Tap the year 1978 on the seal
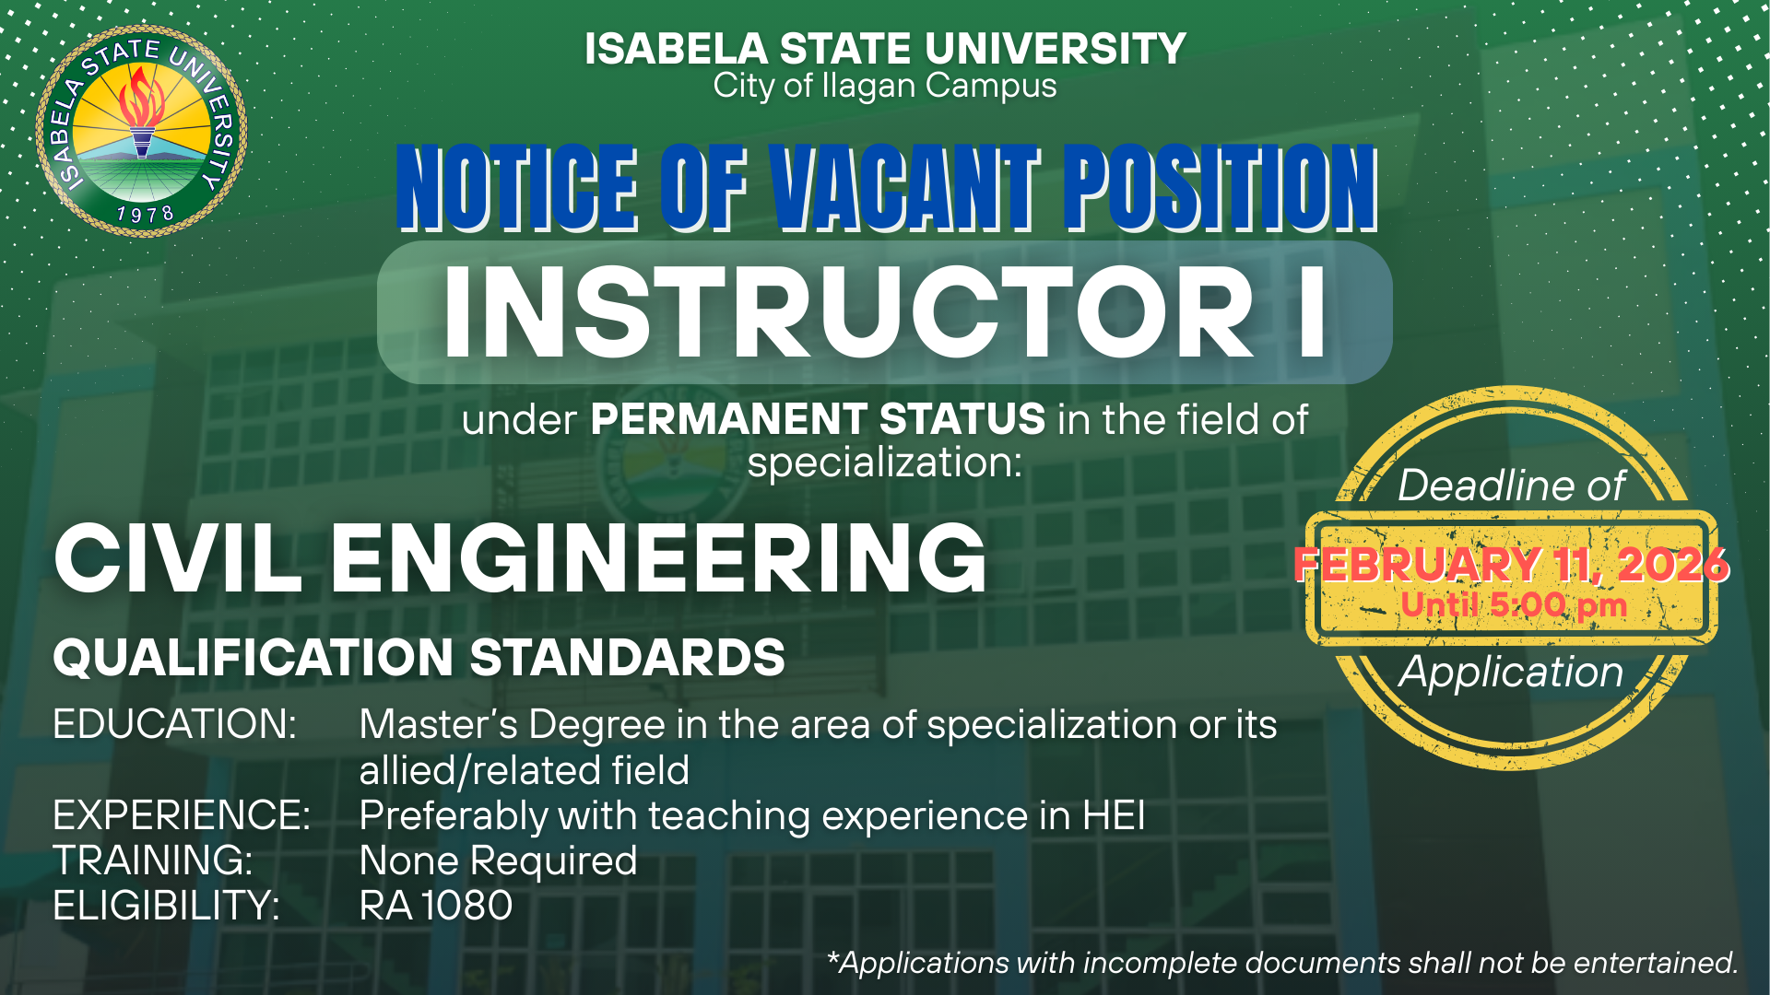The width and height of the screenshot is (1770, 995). click(146, 215)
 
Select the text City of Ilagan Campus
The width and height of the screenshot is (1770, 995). click(885, 86)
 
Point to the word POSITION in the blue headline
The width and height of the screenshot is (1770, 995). click(1221, 188)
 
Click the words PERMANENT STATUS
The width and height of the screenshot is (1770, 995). click(819, 419)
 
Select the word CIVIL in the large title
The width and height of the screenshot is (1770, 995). click(178, 557)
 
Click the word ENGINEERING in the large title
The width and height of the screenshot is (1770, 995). click(658, 557)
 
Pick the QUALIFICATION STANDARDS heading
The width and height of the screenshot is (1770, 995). click(419, 658)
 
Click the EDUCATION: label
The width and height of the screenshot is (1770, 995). click(175, 724)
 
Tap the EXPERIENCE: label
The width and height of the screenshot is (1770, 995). click(182, 815)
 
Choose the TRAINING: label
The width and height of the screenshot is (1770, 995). click(153, 860)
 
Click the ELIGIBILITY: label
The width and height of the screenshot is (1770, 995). click(166, 906)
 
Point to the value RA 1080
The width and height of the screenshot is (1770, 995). click(436, 906)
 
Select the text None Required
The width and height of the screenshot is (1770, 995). click(499, 861)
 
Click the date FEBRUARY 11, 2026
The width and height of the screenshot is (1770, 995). click(1512, 564)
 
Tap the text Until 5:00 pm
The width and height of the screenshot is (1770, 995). click(1514, 606)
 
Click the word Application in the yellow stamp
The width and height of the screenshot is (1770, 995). click(1511, 673)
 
